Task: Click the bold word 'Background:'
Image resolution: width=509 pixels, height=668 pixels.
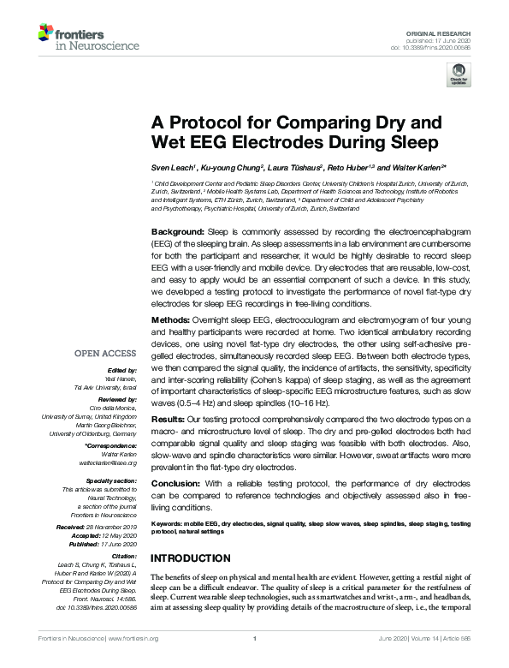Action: point(178,232)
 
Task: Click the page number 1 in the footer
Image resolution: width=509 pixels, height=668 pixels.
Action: point(255,638)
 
